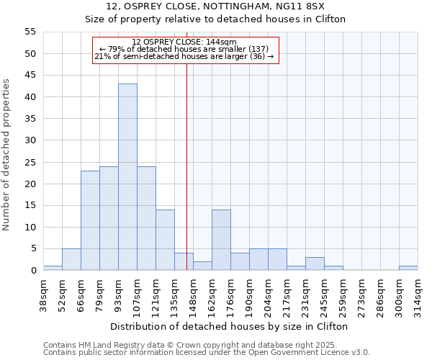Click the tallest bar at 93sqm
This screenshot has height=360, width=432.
tap(127, 177)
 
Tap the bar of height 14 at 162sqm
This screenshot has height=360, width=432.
tap(221, 240)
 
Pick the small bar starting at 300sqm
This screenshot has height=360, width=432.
tap(408, 268)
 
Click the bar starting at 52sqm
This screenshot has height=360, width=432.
tap(71, 259)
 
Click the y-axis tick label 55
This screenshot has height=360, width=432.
tap(30, 32)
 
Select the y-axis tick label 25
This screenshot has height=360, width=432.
tap(30, 162)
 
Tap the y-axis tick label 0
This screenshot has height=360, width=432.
tap(32, 271)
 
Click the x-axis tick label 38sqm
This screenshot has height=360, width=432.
tap(44, 293)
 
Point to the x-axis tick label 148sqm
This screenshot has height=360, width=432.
tap(194, 295)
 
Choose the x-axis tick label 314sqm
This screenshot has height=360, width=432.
tap(418, 295)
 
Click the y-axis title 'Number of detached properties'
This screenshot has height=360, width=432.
tap(6, 154)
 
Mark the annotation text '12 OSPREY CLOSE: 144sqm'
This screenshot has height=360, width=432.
tap(184, 42)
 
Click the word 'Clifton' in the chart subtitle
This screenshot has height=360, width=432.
tap(328, 19)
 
